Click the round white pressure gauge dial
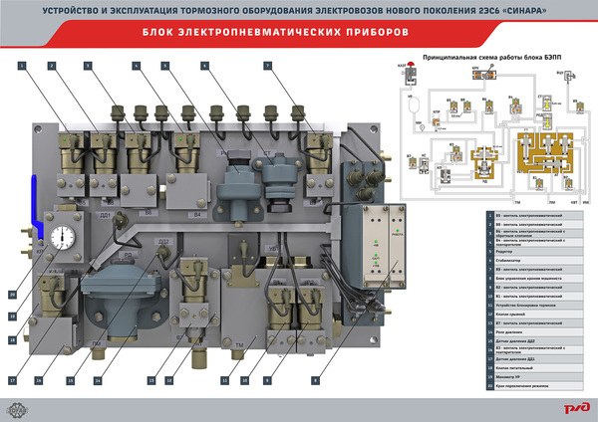(x=65, y=242)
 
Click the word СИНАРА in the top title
(x=522, y=11)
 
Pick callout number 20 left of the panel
(x=13, y=295)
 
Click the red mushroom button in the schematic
(x=399, y=72)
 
